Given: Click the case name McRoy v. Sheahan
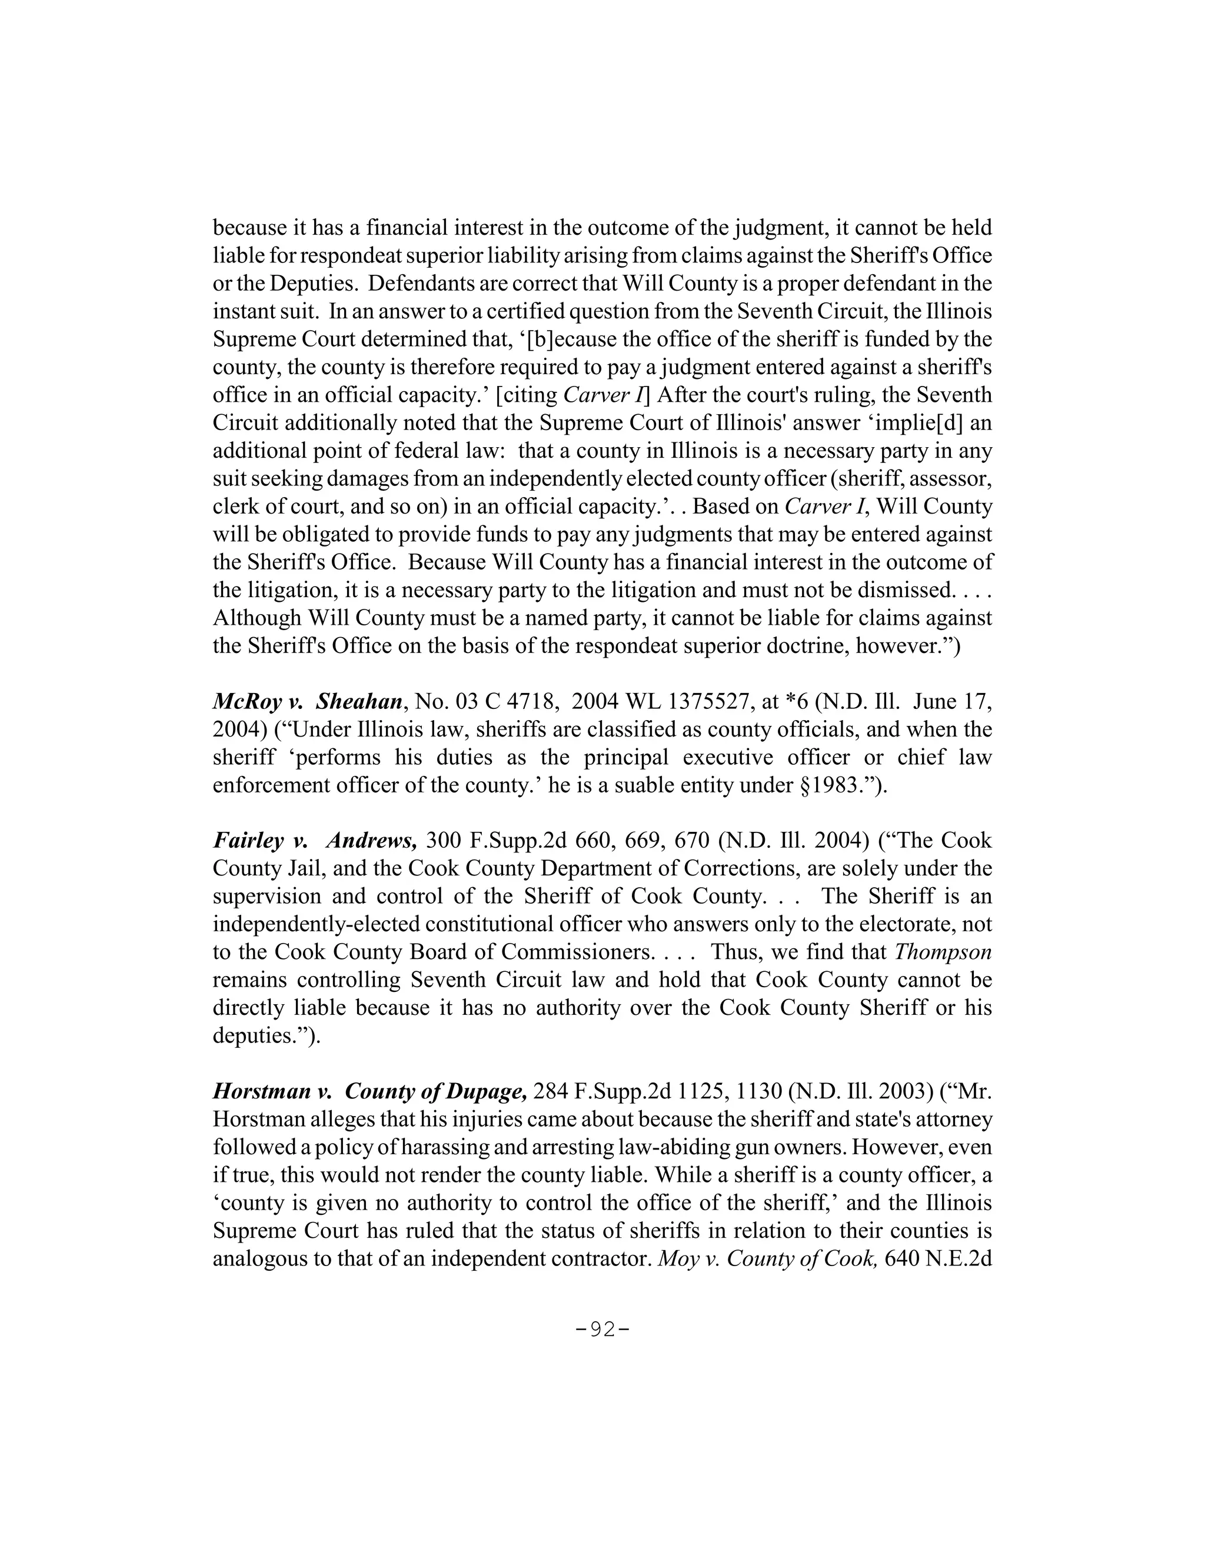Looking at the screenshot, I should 308,702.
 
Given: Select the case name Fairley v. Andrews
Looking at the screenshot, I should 314,841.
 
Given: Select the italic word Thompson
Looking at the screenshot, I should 943,952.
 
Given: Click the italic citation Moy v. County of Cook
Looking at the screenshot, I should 767,1258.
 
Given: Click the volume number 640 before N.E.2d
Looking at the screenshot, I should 901,1258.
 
